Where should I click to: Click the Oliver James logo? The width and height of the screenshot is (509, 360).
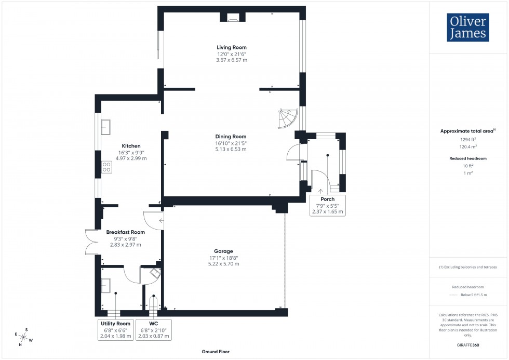click(467, 28)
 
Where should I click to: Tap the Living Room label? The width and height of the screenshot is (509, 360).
click(232, 47)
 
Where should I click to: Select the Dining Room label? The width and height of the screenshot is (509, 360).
click(232, 137)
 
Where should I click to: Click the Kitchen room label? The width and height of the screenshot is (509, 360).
click(131, 146)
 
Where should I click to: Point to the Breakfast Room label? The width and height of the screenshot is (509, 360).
click(125, 232)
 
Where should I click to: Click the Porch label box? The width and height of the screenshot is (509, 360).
click(327, 205)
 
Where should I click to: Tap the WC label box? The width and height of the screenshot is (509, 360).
click(153, 330)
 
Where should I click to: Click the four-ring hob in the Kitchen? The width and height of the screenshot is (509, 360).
click(106, 167)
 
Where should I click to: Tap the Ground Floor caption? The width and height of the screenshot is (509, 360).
click(216, 352)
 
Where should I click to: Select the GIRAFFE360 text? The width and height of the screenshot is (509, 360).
click(468, 344)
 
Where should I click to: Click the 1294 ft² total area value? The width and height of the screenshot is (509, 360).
click(468, 139)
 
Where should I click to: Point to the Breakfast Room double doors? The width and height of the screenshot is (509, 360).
click(90, 242)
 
